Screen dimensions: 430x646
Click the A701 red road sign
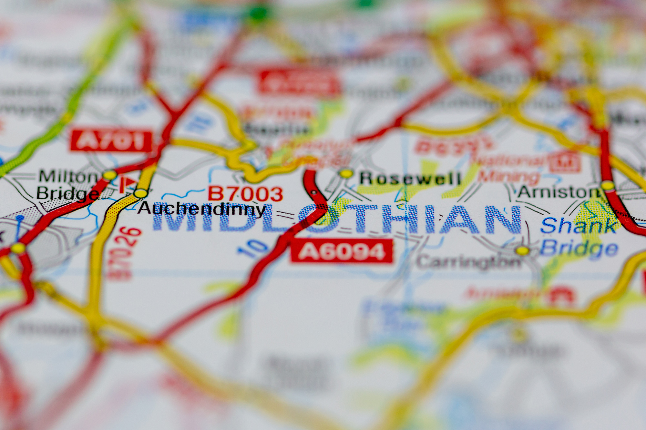click(111, 141)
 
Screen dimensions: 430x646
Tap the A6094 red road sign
click(342, 251)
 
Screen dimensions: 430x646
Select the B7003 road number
click(245, 194)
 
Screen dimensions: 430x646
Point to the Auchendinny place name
click(201, 209)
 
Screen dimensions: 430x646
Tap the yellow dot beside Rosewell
click(346, 173)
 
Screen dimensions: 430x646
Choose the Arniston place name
click(559, 192)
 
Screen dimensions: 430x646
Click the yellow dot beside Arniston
click(608, 186)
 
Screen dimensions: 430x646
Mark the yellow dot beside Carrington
click(522, 250)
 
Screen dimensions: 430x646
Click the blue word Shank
click(578, 226)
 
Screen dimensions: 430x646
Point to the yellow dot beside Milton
click(110, 175)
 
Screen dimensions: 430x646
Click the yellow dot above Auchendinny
click(140, 193)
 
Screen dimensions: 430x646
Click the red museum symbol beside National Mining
click(565, 162)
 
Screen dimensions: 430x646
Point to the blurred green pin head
click(258, 13)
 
